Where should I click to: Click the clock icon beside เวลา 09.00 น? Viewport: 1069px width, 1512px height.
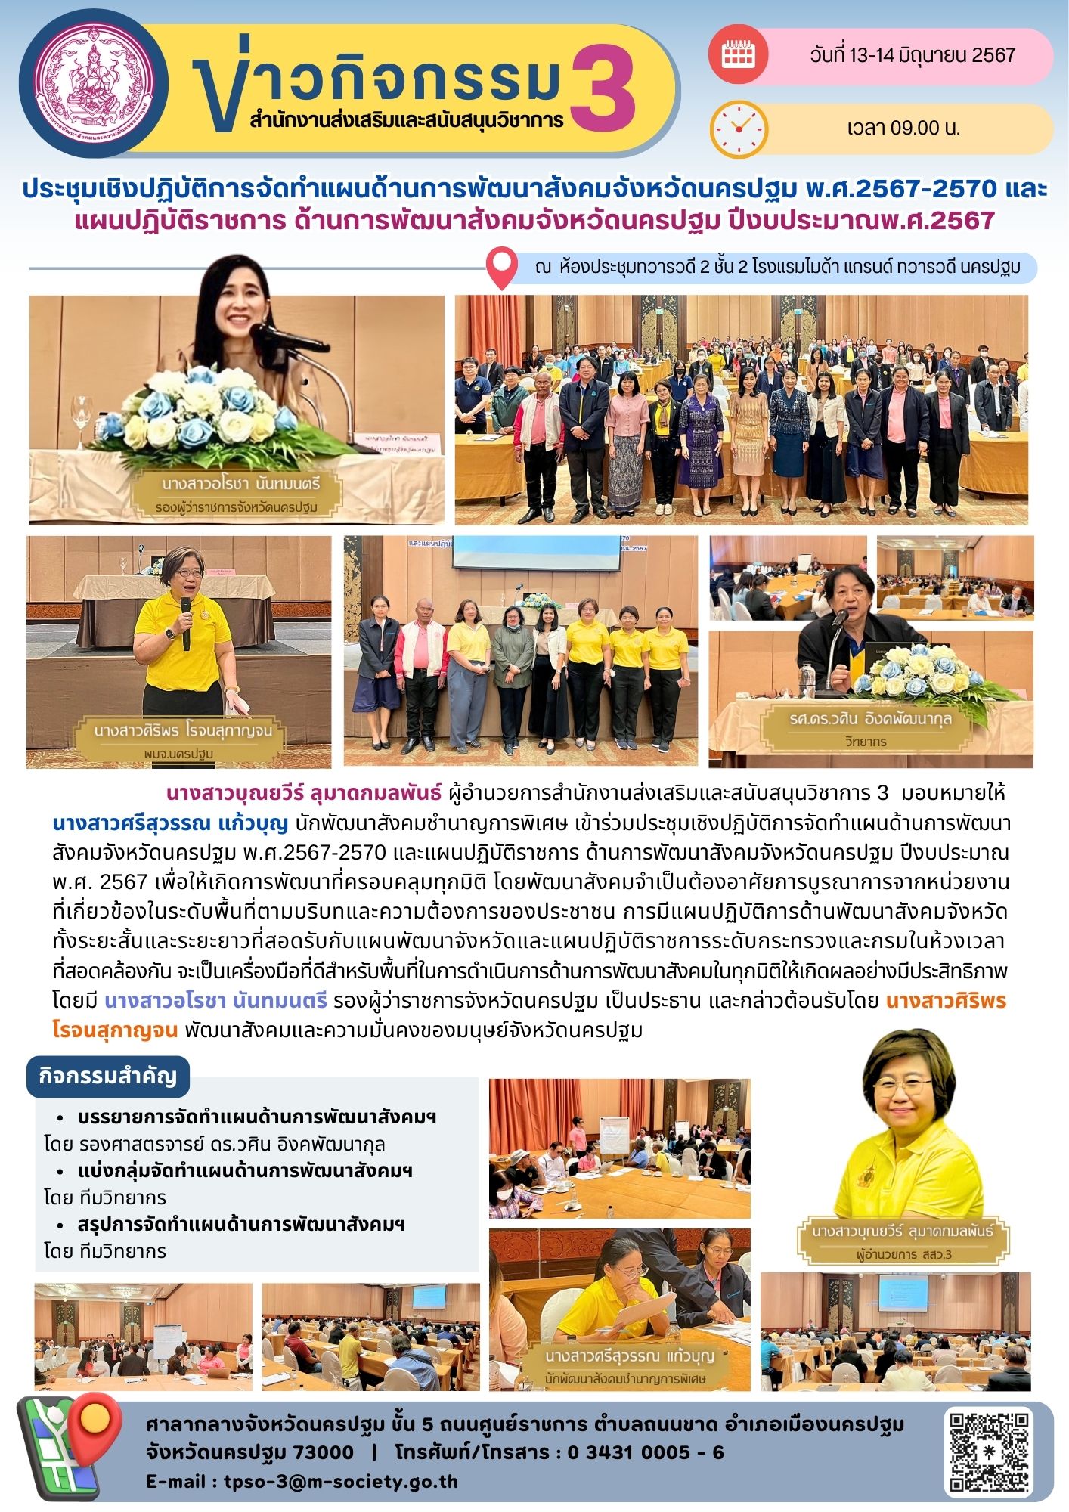738,129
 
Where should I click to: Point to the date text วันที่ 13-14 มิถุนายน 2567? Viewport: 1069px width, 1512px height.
912,55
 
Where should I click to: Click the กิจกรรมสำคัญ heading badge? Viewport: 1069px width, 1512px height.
107,1077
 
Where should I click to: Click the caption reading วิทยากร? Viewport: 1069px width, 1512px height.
866,742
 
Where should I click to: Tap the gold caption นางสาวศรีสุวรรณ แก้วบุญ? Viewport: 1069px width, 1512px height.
629,1356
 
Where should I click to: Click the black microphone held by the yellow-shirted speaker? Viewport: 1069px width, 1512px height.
186,621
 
